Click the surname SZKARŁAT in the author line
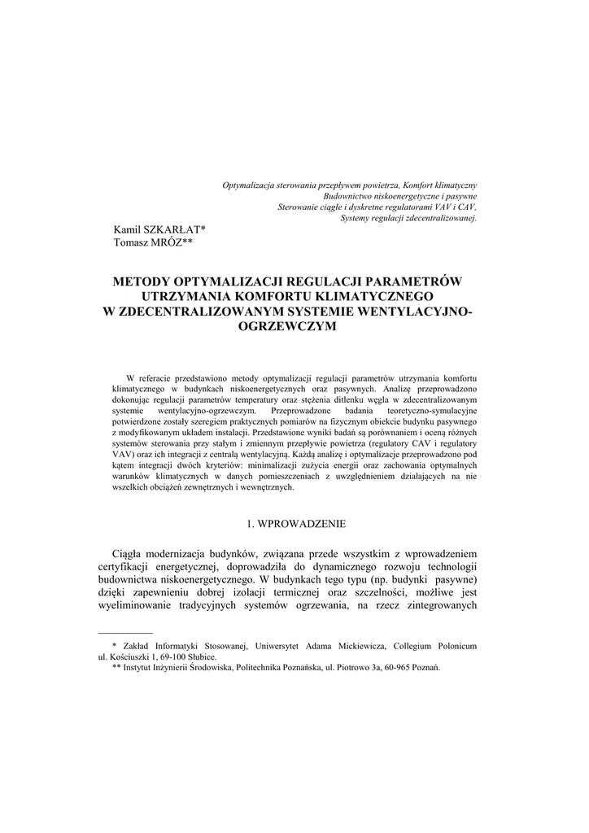(x=172, y=230)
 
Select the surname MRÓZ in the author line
(x=165, y=242)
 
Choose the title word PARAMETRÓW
(x=419, y=282)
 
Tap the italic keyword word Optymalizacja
(x=249, y=186)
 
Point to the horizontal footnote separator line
(x=125, y=633)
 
